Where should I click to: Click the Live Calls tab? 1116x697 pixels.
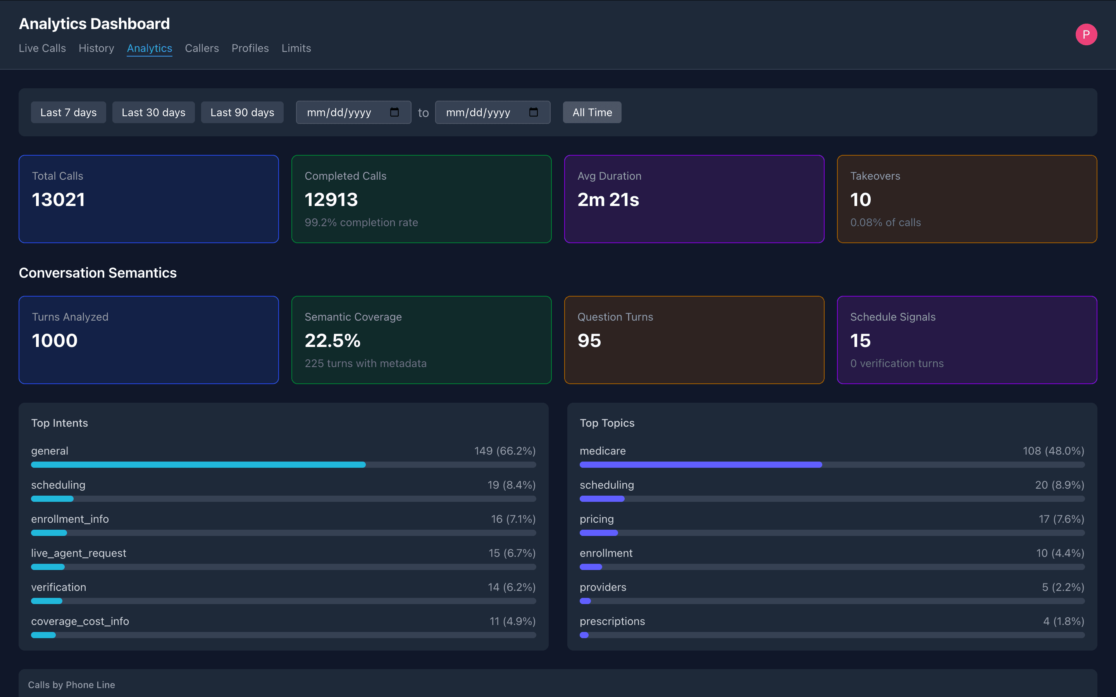click(42, 48)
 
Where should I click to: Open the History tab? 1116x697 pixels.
click(96, 48)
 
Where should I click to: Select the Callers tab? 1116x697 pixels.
click(201, 48)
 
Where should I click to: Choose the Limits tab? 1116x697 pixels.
click(296, 48)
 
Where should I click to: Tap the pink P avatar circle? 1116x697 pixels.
click(1086, 34)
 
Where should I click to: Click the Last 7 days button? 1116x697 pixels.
click(68, 112)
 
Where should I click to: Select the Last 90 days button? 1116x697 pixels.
click(242, 112)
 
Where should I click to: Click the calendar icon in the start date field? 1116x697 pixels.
click(394, 112)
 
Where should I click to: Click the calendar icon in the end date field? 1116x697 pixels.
click(534, 112)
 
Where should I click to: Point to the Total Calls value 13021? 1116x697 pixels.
click(59, 199)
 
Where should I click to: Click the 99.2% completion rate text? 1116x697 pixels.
click(361, 223)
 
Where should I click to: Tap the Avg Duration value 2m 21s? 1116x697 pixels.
click(608, 199)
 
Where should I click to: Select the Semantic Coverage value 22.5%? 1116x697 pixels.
click(332, 341)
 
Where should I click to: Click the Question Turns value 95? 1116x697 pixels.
click(589, 341)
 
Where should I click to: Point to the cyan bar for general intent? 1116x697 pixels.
click(198, 465)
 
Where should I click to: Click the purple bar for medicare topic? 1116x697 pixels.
click(701, 465)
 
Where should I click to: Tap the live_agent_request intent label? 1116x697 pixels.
click(78, 553)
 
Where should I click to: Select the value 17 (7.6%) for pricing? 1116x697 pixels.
click(1061, 519)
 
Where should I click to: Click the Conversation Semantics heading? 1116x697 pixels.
click(98, 273)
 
